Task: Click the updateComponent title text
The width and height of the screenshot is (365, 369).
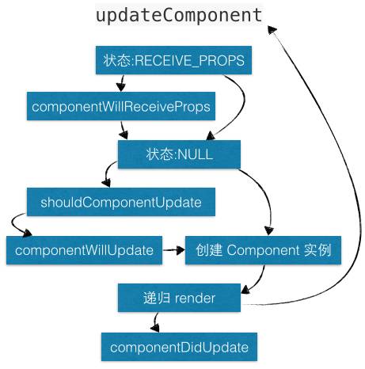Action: click(x=178, y=15)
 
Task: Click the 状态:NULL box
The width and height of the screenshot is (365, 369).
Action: click(x=179, y=154)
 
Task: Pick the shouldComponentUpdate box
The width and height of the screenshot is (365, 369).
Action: click(x=120, y=202)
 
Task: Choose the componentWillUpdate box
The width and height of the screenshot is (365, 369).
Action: click(x=84, y=250)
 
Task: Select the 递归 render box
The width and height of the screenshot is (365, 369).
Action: click(x=179, y=298)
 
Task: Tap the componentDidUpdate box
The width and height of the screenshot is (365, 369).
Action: click(x=179, y=347)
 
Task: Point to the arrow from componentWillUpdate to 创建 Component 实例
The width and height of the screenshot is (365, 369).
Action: click(x=173, y=250)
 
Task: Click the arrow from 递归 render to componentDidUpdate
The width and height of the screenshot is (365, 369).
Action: click(x=156, y=321)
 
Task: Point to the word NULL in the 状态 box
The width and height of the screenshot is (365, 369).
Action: click(x=196, y=154)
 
